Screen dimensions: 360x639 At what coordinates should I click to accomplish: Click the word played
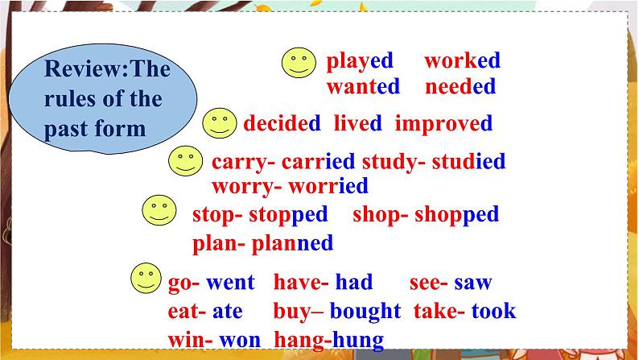click(x=359, y=61)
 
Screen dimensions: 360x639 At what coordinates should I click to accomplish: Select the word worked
click(x=462, y=60)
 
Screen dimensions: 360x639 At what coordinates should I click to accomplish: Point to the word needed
click(x=460, y=86)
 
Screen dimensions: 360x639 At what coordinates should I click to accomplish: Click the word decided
click(x=282, y=123)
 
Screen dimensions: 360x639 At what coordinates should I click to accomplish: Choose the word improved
click(x=443, y=123)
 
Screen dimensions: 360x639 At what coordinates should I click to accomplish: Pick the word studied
click(x=468, y=161)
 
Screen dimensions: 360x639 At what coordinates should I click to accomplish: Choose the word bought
click(x=365, y=311)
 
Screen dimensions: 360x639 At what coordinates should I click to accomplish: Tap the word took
click(x=493, y=311)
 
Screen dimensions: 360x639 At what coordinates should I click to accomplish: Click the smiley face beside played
click(x=299, y=61)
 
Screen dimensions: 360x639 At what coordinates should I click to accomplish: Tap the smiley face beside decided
click(x=218, y=123)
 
